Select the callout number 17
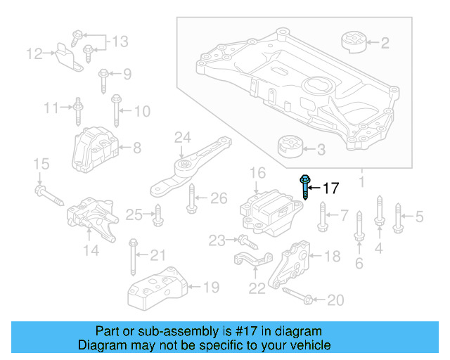[x=330, y=188]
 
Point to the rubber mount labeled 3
[x=289, y=148]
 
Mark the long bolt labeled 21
[x=133, y=259]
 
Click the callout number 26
[x=219, y=198]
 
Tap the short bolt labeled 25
[x=157, y=215]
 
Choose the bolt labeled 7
[x=322, y=217]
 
